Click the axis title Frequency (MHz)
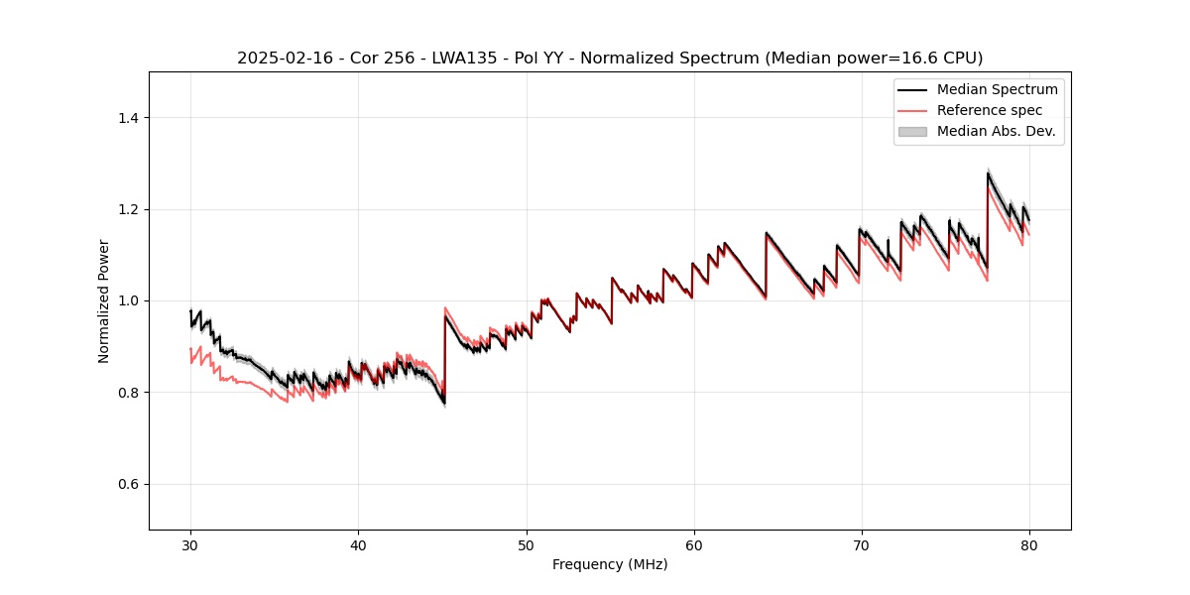tap(610, 564)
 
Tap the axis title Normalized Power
tap(104, 300)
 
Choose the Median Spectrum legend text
tap(997, 89)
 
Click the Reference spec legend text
tap(989, 110)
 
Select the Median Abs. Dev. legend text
tap(996, 131)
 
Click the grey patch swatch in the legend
tap(911, 131)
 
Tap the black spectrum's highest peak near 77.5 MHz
tap(988, 174)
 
